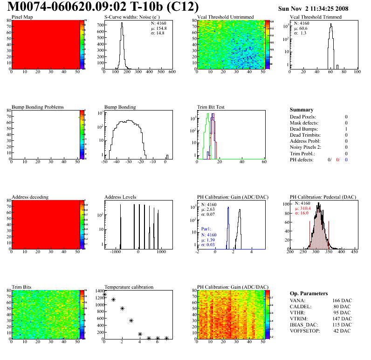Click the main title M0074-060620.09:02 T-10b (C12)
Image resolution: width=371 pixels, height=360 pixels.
tap(103, 7)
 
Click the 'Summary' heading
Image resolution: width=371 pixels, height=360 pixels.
tap(302, 110)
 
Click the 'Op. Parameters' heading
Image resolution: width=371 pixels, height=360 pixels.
tap(307, 293)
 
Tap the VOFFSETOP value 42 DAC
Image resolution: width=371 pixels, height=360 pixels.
tap(343, 331)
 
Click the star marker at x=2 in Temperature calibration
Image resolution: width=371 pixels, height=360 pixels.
tap(122, 308)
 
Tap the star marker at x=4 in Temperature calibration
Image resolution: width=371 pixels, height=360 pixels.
tap(140, 334)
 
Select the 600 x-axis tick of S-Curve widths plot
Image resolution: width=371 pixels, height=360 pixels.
tap(172, 72)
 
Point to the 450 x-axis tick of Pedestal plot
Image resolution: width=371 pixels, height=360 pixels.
tap(354, 252)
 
